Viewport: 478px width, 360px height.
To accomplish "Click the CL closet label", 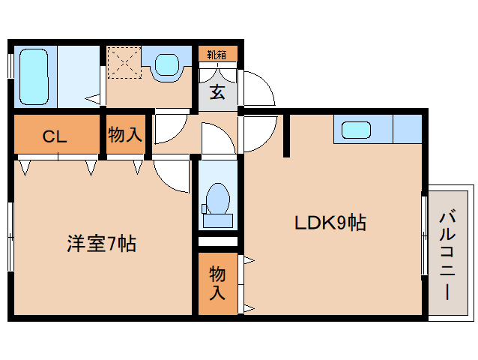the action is pos(55,136).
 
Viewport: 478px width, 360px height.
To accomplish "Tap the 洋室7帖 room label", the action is pos(101,244).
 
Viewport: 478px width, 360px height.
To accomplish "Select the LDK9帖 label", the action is pos(330,223).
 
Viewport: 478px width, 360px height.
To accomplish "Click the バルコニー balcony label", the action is pos(447,256).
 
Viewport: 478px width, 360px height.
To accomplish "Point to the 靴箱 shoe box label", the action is pos(217,55).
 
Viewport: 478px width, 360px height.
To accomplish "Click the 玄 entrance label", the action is pos(217,92).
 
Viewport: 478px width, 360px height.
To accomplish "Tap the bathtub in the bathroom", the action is pos(34,77).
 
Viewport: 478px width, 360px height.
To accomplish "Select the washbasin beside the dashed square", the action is pos(166,64).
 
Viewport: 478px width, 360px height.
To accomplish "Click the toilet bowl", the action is pos(218,198).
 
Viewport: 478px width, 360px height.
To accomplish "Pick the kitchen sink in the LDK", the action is pos(356,130).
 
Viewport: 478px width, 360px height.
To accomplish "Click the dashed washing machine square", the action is pos(124,62).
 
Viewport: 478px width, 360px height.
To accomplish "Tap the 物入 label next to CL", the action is pos(125,134).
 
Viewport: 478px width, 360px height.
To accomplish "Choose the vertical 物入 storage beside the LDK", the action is pos(217,283).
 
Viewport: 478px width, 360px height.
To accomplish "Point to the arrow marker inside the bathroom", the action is pos(92,98).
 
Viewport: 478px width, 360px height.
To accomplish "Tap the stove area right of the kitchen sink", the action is pos(408,129).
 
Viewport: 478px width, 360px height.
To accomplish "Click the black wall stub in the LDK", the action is pos(286,136).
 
